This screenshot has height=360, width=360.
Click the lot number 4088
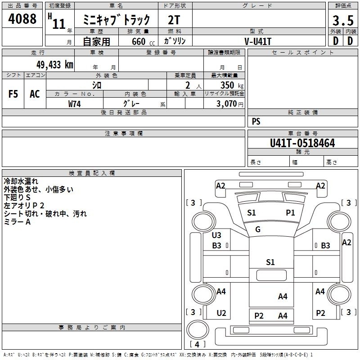click(x=22, y=18)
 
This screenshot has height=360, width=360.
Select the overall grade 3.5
click(x=343, y=20)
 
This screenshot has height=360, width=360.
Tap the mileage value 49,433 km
click(x=55, y=65)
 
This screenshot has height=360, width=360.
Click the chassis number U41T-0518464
click(x=302, y=143)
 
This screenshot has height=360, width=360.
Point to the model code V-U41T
click(x=258, y=41)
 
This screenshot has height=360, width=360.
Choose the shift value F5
click(x=13, y=94)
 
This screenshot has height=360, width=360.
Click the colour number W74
click(x=74, y=104)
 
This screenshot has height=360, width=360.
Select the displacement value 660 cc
click(x=143, y=41)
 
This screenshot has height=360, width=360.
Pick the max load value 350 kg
click(x=232, y=85)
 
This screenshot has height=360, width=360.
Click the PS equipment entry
click(x=256, y=121)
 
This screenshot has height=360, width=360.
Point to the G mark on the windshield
click(x=257, y=229)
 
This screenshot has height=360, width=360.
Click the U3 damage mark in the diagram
click(x=216, y=235)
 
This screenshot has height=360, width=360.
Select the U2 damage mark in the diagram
click(x=221, y=313)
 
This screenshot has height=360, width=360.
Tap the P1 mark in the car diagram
click(x=290, y=212)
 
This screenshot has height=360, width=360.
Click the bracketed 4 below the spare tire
click(x=197, y=344)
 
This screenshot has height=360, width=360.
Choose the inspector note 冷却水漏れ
click(x=21, y=181)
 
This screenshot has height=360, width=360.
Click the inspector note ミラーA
click(x=17, y=221)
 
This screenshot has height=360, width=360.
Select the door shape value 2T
click(x=174, y=20)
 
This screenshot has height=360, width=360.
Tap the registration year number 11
click(x=59, y=24)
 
